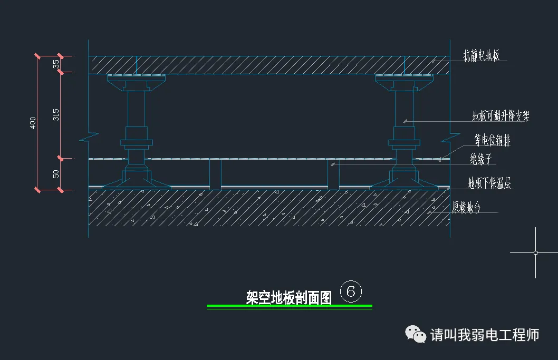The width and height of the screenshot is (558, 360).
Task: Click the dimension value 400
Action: pos(33,123)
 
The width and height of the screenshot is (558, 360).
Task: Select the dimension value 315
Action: pos(56,115)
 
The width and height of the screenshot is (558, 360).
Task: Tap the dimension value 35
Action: pos(56,64)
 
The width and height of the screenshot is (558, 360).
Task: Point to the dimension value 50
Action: pos(56,174)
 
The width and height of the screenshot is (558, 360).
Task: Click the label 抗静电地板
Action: pos(482,55)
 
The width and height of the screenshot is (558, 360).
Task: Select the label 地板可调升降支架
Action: pos(501,116)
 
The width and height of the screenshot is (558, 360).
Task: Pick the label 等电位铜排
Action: pos(492,141)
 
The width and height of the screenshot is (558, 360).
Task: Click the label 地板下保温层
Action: pos(489,183)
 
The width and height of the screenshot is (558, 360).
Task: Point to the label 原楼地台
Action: pos(467,208)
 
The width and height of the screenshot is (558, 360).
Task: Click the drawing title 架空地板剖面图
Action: pos(288,298)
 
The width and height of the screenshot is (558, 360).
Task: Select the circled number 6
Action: pos(351,291)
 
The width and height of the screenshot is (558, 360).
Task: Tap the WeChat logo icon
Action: pos(416,334)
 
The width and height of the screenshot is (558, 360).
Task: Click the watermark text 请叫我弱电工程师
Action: pos(485,335)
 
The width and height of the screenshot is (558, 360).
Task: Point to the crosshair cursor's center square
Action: pos(535,253)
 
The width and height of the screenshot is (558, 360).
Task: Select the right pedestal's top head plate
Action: pos(405,78)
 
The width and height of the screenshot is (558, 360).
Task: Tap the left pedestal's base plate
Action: pos(136,184)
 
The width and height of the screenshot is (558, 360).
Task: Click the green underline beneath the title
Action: pos(289,306)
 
